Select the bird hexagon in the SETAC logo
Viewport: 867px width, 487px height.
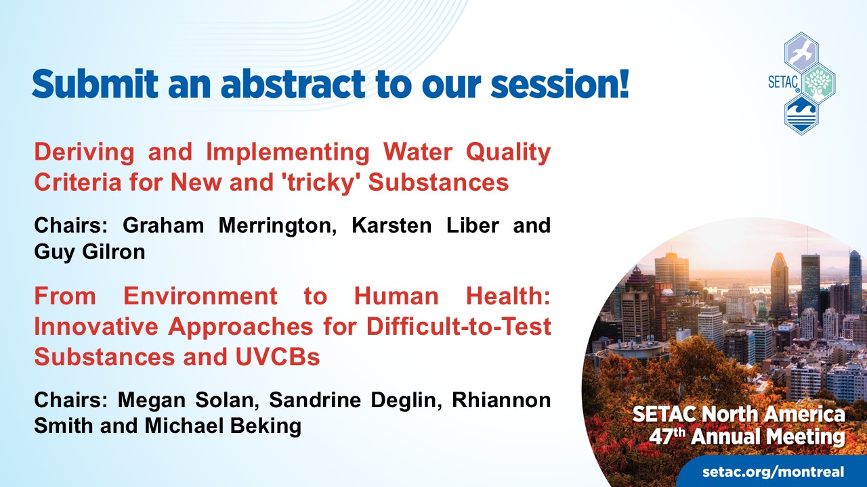(801, 53)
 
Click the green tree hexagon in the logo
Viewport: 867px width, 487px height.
(818, 83)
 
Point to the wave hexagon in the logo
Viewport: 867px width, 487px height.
(801, 114)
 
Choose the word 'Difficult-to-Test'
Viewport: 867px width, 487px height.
(459, 326)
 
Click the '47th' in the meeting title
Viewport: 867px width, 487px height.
(667, 436)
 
